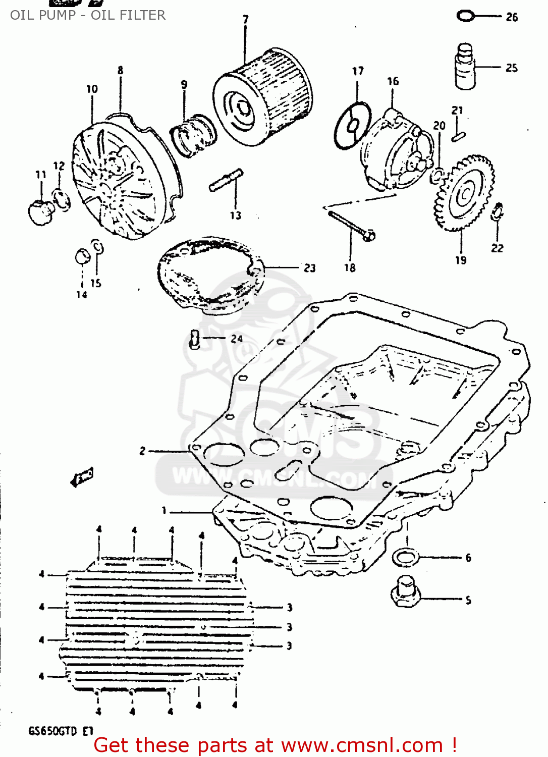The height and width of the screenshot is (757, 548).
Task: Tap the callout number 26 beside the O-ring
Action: click(512, 17)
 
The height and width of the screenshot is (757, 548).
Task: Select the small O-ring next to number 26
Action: click(465, 16)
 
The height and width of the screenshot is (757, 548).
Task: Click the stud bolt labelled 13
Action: click(226, 180)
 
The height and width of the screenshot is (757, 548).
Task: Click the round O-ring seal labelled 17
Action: click(353, 126)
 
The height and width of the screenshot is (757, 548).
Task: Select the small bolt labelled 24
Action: click(195, 339)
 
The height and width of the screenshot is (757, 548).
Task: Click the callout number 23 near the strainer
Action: click(310, 268)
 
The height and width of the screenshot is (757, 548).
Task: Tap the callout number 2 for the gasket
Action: click(143, 451)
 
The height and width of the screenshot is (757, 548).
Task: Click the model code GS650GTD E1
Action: click(61, 731)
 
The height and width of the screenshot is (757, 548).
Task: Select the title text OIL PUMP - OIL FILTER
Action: click(88, 15)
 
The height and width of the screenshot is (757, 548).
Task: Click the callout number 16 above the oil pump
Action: click(393, 81)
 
